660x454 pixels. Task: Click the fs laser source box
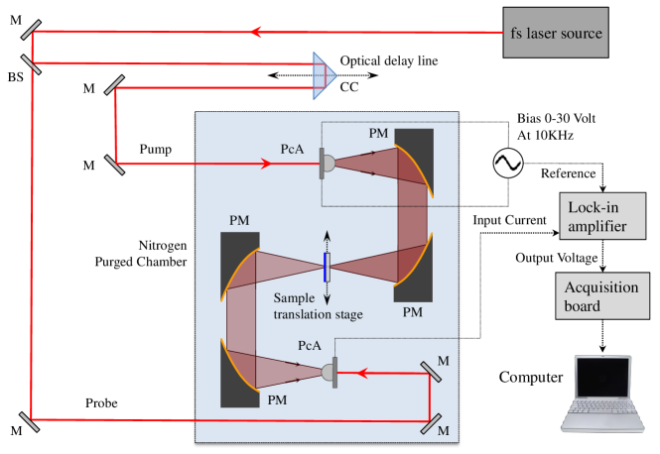click(x=556, y=33)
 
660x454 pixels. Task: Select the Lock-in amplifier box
click(x=602, y=216)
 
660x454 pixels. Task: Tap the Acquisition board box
click(x=602, y=296)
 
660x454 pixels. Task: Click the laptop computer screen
click(x=602, y=378)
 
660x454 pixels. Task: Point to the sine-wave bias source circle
click(x=508, y=164)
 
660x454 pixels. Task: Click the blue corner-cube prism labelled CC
click(x=325, y=75)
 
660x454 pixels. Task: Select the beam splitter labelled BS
click(x=31, y=64)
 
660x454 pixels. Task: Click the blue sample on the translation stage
click(x=326, y=267)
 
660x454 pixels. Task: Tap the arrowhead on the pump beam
click(x=266, y=164)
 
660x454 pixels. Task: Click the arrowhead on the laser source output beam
click(x=256, y=32)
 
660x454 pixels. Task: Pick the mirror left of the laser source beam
click(x=31, y=30)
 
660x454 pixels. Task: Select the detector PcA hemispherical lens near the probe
click(x=328, y=373)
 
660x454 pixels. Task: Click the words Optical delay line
click(x=389, y=60)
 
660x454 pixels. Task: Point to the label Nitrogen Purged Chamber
click(x=141, y=254)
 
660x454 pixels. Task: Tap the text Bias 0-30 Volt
click(x=556, y=119)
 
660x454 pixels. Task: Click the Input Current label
click(x=509, y=220)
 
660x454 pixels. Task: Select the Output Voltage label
click(x=557, y=258)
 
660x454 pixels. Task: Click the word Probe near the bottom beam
click(x=101, y=403)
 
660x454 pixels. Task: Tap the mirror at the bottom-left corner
click(x=30, y=422)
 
